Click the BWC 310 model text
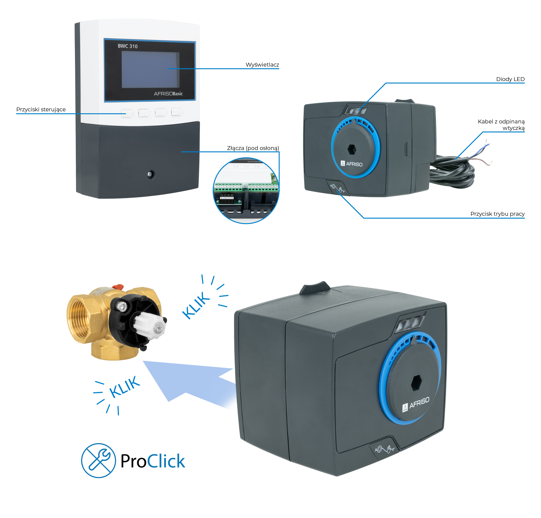pos(127,46)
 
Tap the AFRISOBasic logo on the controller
pos(168,94)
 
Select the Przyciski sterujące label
pos(41,110)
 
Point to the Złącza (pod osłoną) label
pos(253,148)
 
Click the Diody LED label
pos(510,79)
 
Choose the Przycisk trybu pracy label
pos(497,214)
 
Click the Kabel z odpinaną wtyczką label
pos(501,125)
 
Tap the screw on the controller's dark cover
pos(150,174)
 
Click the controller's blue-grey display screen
pos(150,70)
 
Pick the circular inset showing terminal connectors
pos(246,191)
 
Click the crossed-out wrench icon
pos(98,460)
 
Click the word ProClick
pos(153,461)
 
